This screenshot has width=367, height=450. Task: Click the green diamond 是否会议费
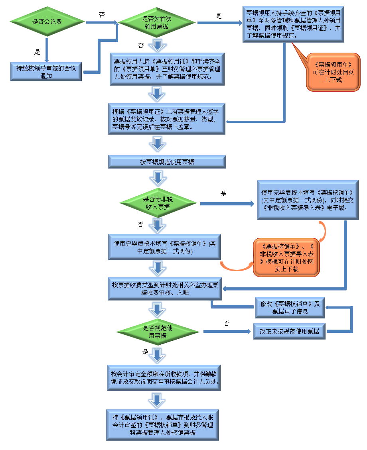point(47,22)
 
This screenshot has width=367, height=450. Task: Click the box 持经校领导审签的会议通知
point(46,72)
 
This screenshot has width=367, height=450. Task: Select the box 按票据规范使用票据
point(167,162)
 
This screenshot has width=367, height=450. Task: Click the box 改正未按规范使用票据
point(289,331)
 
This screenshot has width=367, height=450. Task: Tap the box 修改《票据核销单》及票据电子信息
point(290,307)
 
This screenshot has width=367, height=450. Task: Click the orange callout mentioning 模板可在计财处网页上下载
point(287,257)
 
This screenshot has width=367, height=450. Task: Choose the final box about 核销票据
point(162,425)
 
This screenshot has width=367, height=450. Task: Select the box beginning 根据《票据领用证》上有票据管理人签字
point(166,119)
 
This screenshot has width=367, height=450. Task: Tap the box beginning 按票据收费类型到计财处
point(165,289)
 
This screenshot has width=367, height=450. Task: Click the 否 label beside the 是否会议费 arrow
point(102,14)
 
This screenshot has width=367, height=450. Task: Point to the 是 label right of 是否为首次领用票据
point(218,16)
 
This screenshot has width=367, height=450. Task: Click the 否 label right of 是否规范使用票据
point(227,323)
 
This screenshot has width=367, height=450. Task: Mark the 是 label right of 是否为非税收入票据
point(223,193)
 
